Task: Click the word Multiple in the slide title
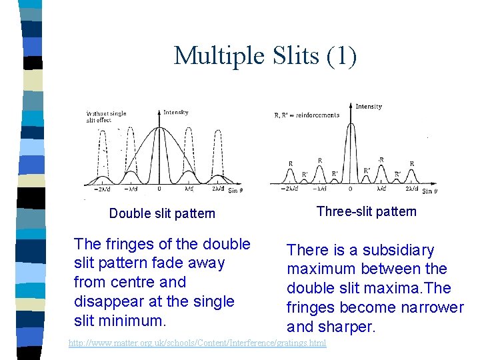[x=214, y=55]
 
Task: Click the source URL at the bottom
[x=197, y=343]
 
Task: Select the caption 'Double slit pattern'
[x=162, y=213]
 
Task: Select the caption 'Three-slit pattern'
[x=366, y=211]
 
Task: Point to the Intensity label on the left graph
[x=176, y=112]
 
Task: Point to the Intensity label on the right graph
[x=369, y=107]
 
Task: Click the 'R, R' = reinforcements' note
[x=307, y=115]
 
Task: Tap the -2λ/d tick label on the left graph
[x=101, y=189]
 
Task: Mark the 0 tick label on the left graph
[x=159, y=189]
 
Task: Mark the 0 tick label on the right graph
[x=351, y=189]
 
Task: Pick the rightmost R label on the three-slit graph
[x=411, y=163]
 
